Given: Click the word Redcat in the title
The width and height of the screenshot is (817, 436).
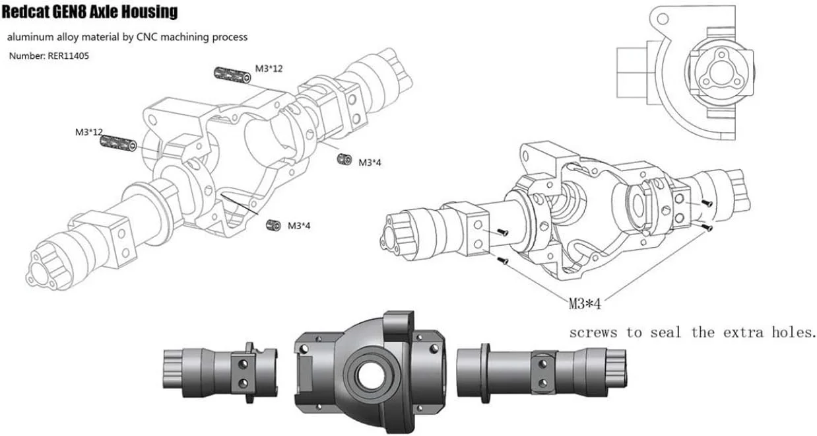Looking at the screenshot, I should (x=28, y=11).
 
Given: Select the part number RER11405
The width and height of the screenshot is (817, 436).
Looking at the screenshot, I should (x=68, y=56).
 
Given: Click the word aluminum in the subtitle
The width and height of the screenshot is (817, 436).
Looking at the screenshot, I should (x=30, y=37).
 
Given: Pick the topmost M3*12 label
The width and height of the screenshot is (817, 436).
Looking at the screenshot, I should (x=269, y=69).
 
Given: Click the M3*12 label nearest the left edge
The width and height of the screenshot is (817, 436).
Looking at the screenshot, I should (x=88, y=132).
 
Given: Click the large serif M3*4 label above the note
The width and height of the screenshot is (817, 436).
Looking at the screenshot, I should (x=585, y=303).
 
